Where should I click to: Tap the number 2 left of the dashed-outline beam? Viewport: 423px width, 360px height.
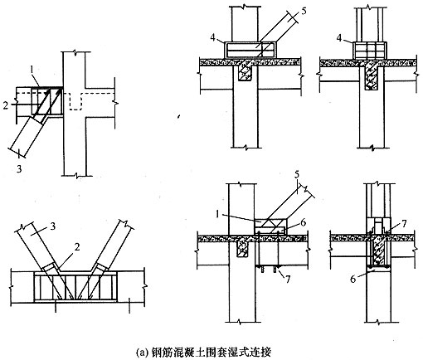coord(6,105)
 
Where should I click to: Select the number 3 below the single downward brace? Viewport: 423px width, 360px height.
coord(19,168)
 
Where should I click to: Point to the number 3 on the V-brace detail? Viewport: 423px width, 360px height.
coord(53,226)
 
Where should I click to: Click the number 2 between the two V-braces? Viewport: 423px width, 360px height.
coord(76,246)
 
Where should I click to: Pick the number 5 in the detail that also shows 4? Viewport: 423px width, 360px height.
coord(304,12)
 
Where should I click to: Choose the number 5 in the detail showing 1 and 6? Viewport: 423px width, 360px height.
coord(297,175)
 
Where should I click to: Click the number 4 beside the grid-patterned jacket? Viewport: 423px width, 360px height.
coord(339,38)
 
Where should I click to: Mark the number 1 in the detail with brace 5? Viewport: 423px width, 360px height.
coord(217,215)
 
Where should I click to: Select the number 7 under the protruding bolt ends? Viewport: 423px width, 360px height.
coord(288,280)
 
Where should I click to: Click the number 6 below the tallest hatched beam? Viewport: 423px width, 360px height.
coord(352,280)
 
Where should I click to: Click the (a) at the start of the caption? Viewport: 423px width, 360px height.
coord(140,353)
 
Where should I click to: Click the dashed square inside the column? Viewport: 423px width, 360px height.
coord(75,101)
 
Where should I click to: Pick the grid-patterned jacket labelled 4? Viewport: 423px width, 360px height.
coord(370,50)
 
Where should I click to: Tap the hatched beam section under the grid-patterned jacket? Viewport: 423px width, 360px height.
coord(371,78)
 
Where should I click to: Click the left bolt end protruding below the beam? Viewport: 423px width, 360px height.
coord(261,269)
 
